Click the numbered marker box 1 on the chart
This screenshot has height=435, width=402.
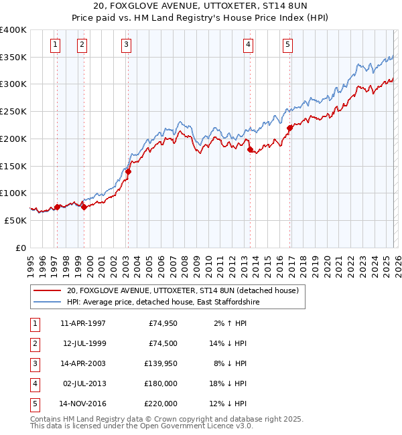55,45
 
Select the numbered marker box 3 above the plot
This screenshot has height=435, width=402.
127,45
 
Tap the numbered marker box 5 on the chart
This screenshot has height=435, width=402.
287,45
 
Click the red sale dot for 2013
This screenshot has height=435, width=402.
250,150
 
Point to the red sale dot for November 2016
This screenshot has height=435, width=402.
290,128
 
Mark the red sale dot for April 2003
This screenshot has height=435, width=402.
128,171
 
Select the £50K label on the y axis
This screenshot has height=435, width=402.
16,220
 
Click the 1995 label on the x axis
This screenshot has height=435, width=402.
30,262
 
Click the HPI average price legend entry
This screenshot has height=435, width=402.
163,302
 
